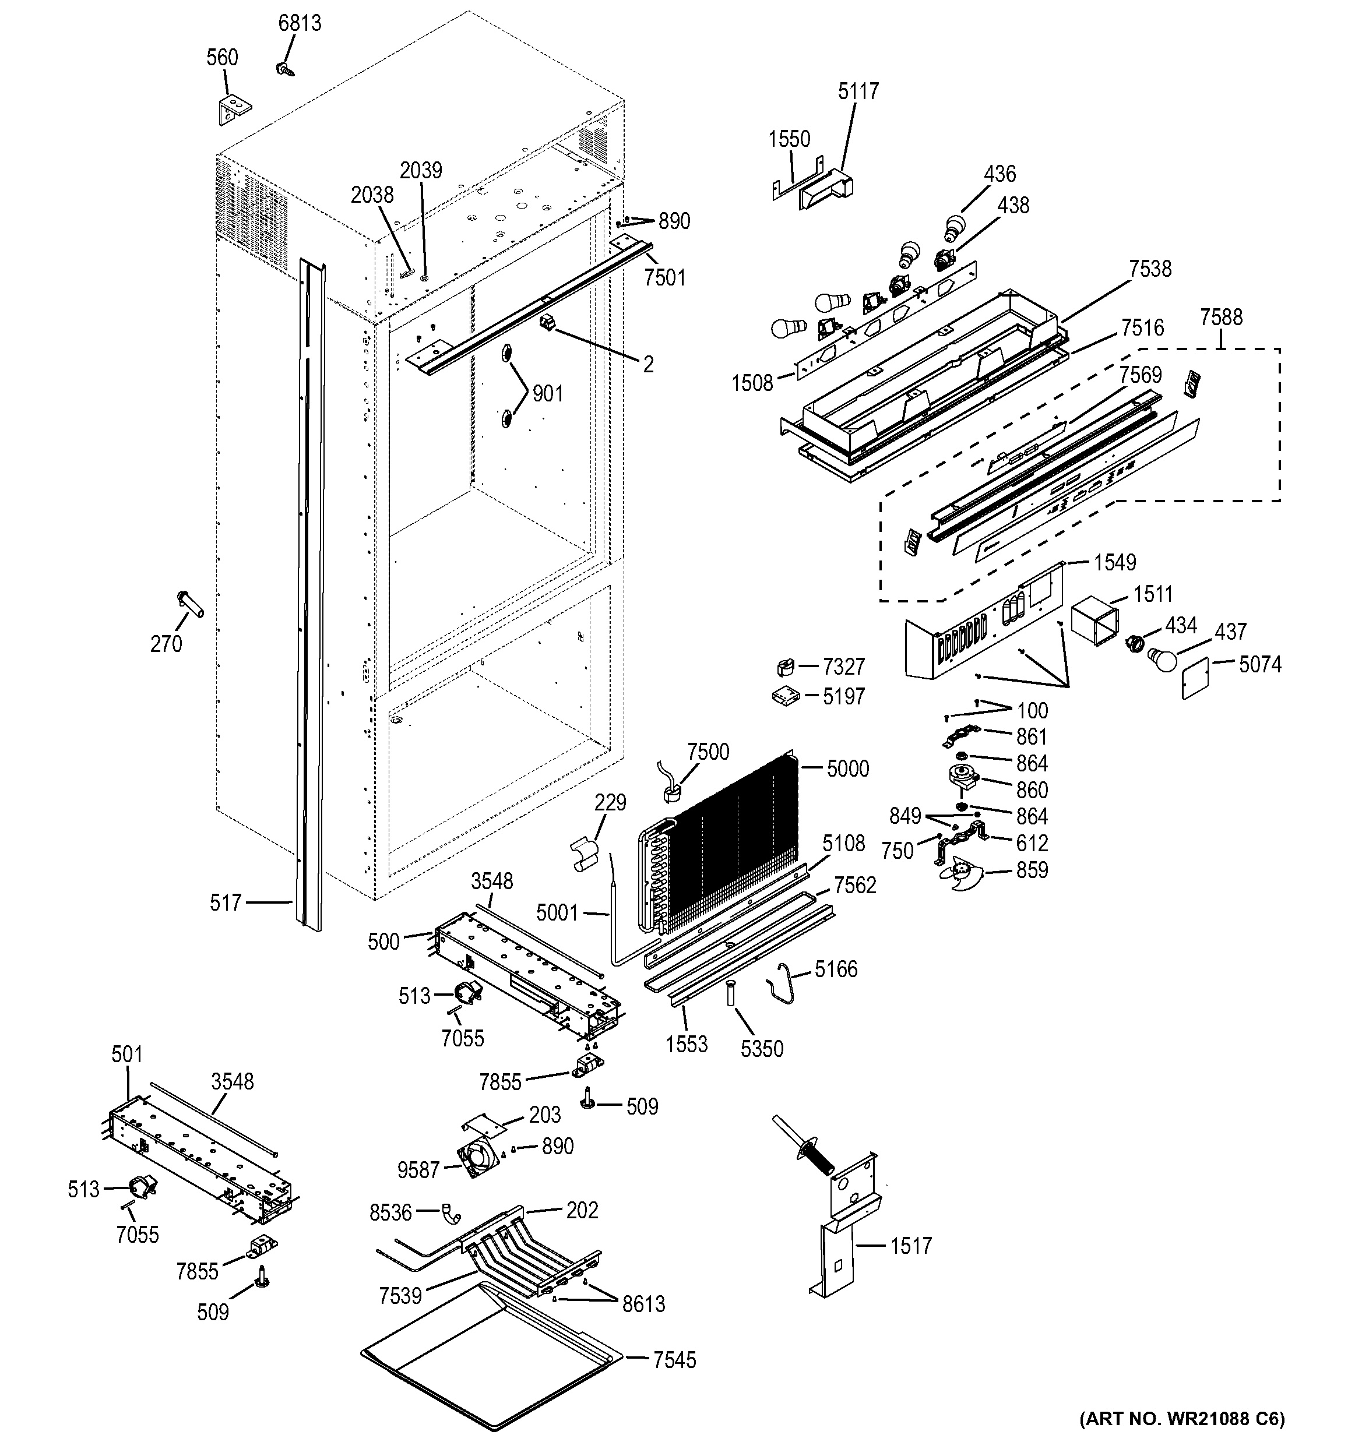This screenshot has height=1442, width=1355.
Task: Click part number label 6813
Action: pyautogui.click(x=300, y=23)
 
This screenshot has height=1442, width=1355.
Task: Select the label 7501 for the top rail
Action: pyautogui.click(x=664, y=277)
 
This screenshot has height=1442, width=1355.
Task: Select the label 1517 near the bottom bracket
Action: pyautogui.click(x=910, y=1246)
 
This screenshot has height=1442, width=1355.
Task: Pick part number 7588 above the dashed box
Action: pyautogui.click(x=1221, y=317)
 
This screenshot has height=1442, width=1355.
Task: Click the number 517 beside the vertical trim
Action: pyautogui.click(x=225, y=902)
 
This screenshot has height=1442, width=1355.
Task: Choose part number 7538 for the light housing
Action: pyautogui.click(x=1150, y=269)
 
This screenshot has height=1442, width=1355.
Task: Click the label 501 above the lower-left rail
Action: pyautogui.click(x=127, y=1054)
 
